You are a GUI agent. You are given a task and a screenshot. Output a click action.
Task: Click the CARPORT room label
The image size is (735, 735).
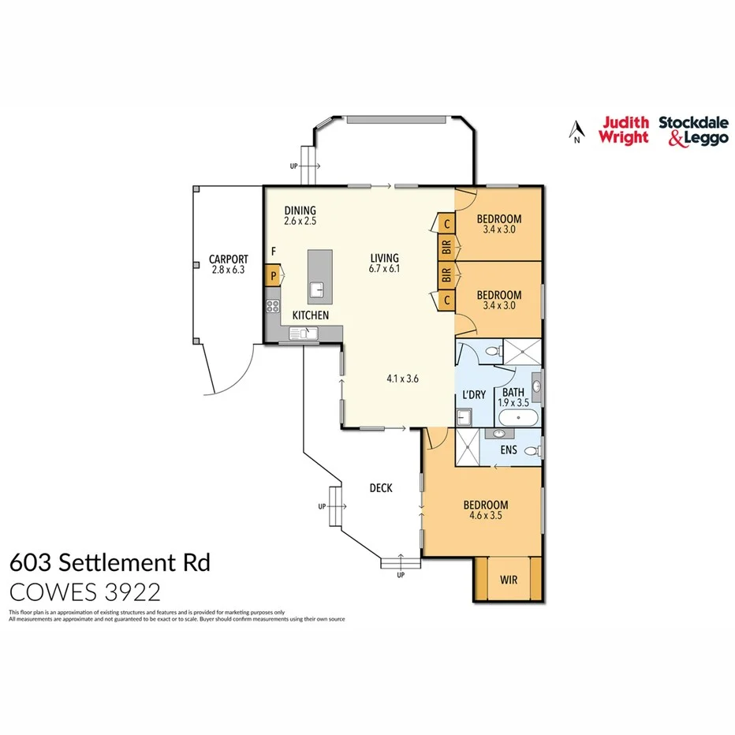[229, 259]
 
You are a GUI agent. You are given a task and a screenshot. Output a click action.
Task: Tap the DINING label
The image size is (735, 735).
[300, 211]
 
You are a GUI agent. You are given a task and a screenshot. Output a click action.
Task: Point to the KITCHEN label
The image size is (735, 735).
[310, 315]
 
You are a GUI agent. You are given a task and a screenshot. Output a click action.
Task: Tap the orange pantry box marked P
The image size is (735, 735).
[274, 276]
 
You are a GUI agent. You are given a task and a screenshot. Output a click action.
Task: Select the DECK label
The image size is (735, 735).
[381, 488]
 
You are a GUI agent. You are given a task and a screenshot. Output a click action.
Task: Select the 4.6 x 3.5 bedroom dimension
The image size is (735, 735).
[485, 516]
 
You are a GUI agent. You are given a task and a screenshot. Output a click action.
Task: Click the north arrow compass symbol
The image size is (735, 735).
[577, 131]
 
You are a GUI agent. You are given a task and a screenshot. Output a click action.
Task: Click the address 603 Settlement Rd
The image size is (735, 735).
[110, 563]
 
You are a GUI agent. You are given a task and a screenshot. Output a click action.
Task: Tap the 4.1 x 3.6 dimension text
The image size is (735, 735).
[402, 378]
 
